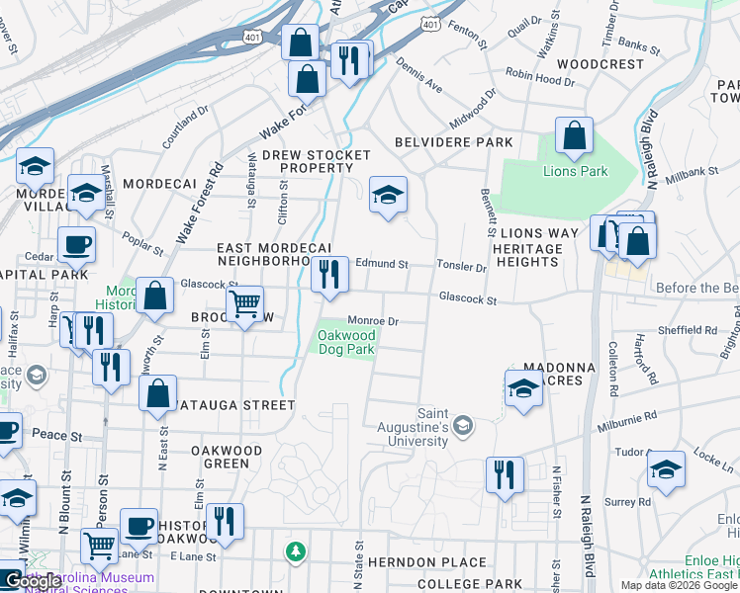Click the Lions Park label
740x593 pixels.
pos(575,171)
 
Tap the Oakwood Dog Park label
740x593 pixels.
pos(346,342)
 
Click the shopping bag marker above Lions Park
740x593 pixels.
pos(574,136)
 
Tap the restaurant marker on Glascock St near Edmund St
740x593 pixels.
pos(329,276)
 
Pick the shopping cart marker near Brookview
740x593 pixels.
pos(245,304)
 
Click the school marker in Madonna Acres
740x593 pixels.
pos(523,389)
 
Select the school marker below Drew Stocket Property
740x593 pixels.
pos(389,195)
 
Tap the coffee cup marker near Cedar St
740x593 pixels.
pos(76,245)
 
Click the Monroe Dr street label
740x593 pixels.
pos(373,321)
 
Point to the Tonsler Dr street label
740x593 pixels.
pos(463,267)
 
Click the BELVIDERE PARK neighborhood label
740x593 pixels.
pos(454,142)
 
